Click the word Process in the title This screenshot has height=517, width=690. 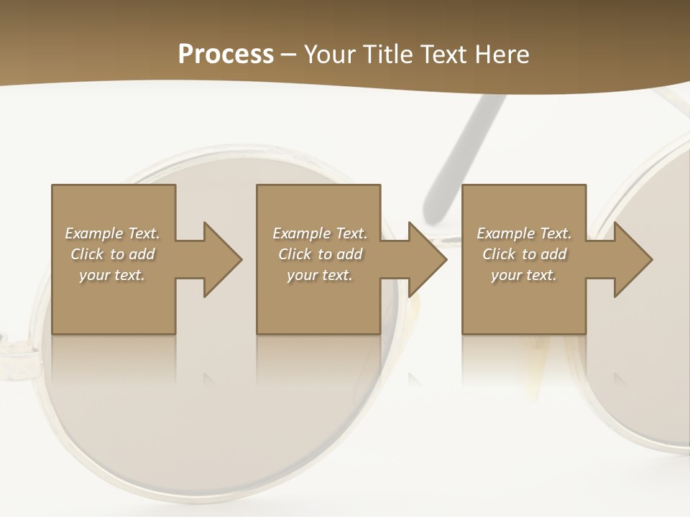(226, 55)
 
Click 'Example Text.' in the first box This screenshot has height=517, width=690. (112, 233)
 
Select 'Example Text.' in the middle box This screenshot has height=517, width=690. (320, 233)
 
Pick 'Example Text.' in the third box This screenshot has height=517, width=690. (524, 233)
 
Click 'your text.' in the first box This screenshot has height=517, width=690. (112, 275)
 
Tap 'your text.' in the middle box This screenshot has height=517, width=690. (320, 275)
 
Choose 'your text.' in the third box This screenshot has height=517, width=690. (524, 275)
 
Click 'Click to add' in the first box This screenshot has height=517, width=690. (112, 254)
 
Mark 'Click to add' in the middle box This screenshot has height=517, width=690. (320, 254)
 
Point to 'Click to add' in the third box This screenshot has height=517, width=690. (524, 254)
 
